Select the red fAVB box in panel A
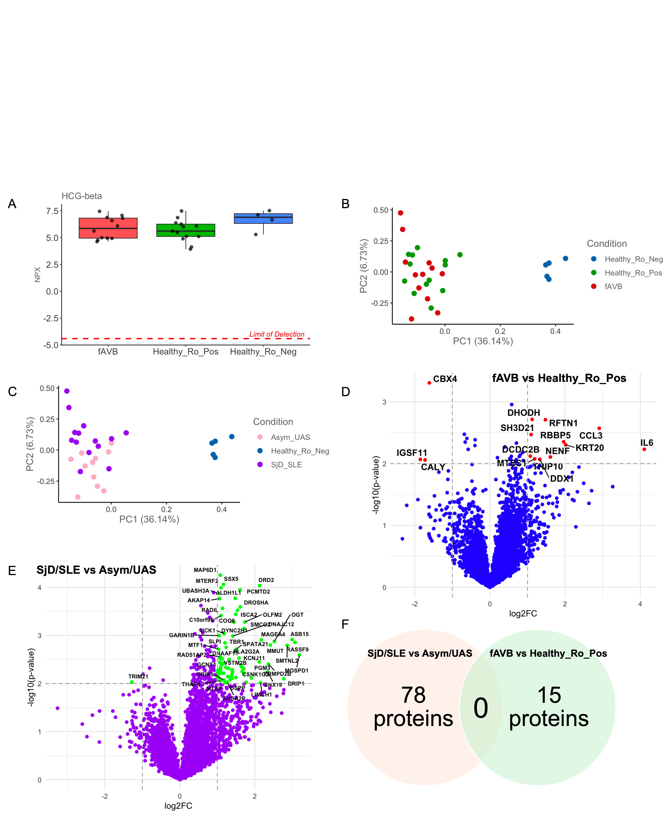[108, 228]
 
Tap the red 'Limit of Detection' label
[277, 334]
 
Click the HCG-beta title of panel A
[82, 196]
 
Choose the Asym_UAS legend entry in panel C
[290, 437]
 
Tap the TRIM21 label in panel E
[138, 676]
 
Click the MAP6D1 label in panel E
[205, 570]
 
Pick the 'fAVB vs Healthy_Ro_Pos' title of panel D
[559, 378]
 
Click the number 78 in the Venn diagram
[413, 695]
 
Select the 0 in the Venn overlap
[481, 708]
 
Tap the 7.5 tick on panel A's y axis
[52, 211]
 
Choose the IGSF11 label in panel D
[412, 453]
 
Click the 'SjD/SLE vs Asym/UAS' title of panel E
[96, 570]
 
